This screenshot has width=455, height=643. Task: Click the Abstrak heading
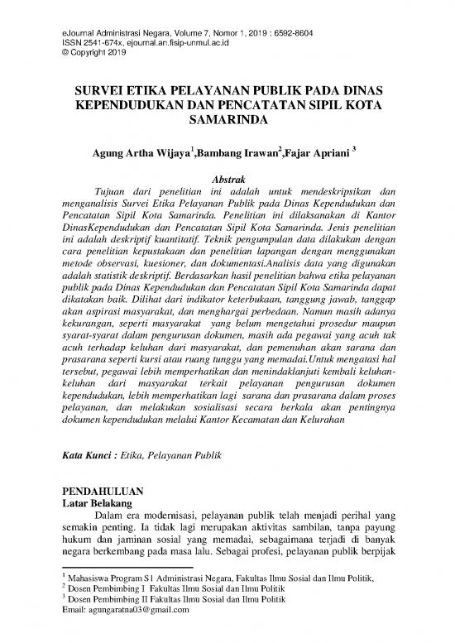coord(227,180)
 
